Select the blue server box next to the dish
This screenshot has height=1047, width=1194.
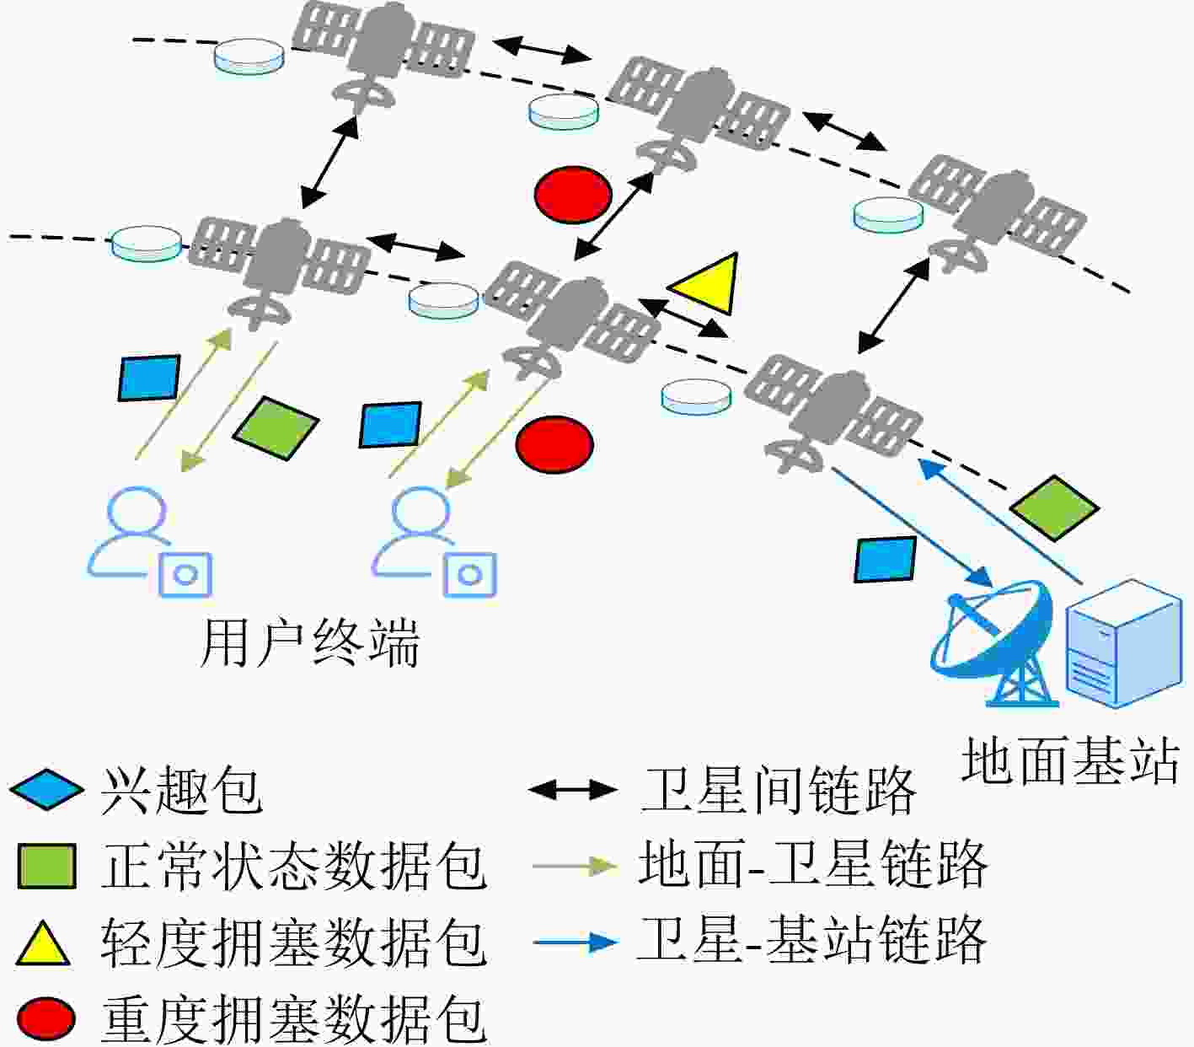coord(1124,643)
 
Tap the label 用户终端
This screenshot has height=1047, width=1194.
coord(310,643)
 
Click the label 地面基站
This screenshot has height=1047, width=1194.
coord(1071,761)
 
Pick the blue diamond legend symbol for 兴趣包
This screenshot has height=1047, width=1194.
coord(46,789)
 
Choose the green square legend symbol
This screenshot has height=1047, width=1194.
coord(47,866)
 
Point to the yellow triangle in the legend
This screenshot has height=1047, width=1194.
coord(43,942)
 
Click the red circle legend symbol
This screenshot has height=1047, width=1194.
coord(46,1018)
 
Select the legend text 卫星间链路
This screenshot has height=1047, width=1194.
coord(779,791)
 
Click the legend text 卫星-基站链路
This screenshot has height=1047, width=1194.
coord(812,940)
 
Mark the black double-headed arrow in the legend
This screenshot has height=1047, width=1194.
coord(574,790)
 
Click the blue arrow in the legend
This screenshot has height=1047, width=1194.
coord(576,942)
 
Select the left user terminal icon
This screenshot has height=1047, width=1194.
coord(150,541)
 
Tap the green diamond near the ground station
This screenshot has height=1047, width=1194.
coord(1054,507)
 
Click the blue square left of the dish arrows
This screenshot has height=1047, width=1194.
coord(886,559)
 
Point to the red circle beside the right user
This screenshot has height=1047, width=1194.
coord(554,444)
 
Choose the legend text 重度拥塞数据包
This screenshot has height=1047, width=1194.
coord(294,1019)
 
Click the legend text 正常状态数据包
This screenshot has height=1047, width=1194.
coord(294,866)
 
